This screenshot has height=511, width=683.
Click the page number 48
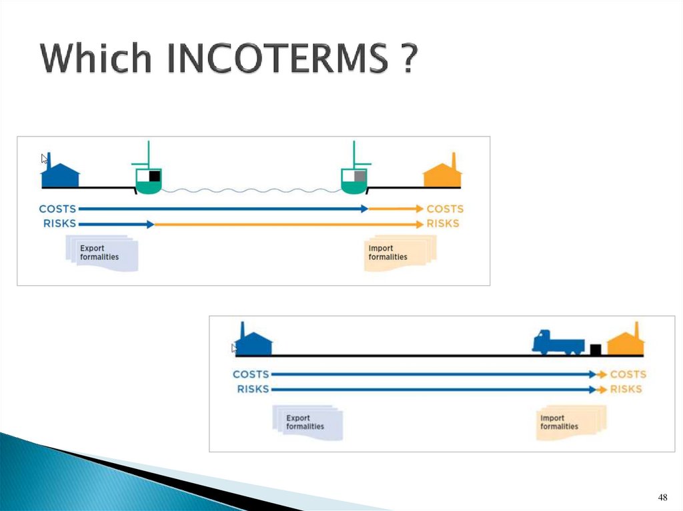click(662, 498)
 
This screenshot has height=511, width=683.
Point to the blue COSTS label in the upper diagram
click(57, 209)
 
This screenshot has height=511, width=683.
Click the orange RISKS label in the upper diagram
click(443, 223)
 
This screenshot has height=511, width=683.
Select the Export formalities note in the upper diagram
click(101, 254)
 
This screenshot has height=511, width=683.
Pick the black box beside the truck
click(596, 348)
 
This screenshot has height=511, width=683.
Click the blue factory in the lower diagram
click(254, 341)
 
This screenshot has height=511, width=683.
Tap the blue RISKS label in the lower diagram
click(253, 389)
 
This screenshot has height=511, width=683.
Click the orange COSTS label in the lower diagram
click(628, 374)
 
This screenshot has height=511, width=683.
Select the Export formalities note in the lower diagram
click(307, 423)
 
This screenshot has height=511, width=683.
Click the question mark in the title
click(410, 59)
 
